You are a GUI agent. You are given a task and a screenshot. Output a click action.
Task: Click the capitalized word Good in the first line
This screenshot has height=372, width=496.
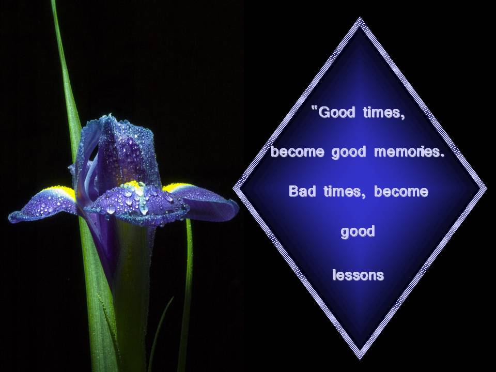[x=336, y=113]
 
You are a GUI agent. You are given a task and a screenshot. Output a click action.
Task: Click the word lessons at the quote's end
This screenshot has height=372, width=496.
[x=358, y=275]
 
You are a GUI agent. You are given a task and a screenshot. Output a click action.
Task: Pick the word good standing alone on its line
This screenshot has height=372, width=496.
[x=358, y=231]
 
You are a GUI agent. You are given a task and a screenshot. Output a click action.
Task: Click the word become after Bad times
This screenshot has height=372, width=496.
[x=401, y=192]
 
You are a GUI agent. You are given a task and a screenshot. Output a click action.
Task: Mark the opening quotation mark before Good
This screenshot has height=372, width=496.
[x=315, y=110]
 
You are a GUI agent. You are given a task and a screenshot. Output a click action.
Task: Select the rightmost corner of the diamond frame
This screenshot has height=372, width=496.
[x=485, y=189]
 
